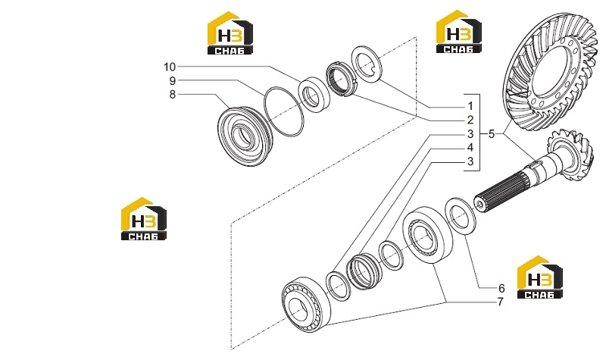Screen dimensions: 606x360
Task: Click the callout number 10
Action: pos(169,67)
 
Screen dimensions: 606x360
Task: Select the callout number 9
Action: pos(173,81)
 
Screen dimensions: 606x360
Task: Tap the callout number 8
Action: pos(173,94)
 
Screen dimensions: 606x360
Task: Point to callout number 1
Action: pos(470,106)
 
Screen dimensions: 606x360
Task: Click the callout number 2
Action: pos(470,120)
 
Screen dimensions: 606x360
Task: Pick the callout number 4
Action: pos(470,147)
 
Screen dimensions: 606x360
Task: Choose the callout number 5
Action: pos(491,134)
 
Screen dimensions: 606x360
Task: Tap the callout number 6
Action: pos(501,288)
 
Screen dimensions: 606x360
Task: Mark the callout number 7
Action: pos(500,302)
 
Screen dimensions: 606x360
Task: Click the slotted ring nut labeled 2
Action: pos(340,80)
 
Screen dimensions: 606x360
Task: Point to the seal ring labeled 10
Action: pos(314,94)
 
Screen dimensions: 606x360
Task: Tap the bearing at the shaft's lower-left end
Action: pos(306,304)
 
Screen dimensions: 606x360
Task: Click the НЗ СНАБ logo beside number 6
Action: pos(539,277)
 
